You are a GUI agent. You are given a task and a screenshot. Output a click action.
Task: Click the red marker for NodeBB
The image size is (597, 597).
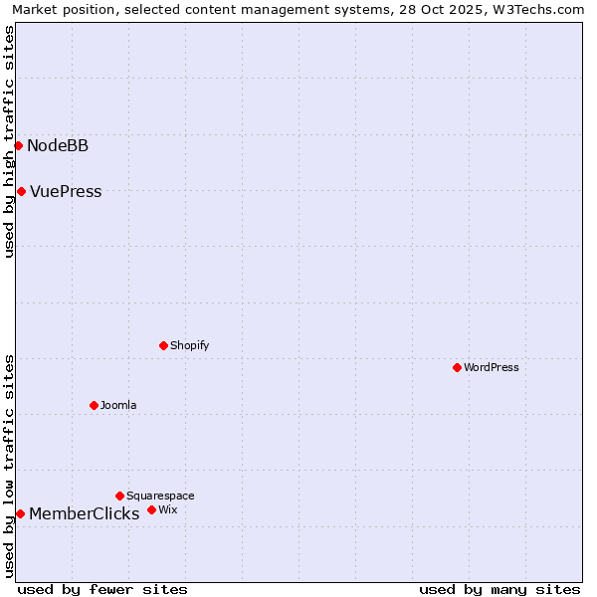[18, 145]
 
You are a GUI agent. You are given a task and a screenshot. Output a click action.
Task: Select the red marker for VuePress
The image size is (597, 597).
[21, 191]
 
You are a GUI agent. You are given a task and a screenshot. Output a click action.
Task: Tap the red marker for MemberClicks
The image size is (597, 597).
[20, 513]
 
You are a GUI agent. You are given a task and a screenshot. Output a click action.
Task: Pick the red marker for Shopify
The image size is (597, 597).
[163, 345]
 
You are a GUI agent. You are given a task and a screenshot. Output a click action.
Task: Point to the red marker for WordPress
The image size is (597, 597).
[457, 367]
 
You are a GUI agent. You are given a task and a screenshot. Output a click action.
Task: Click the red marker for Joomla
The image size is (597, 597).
[94, 405]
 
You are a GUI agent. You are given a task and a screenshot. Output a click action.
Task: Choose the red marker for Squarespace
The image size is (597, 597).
[119, 496]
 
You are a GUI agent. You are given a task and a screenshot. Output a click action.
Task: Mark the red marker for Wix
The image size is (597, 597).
[151, 509]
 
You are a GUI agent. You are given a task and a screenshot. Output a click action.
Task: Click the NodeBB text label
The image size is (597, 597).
[58, 146]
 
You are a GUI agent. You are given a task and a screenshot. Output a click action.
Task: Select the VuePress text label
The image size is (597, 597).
[66, 192]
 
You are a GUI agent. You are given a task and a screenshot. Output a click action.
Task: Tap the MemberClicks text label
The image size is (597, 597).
[84, 514]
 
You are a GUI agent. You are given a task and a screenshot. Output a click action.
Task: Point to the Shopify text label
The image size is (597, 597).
[189, 346]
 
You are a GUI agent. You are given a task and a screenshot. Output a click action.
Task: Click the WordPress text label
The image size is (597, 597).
[492, 368]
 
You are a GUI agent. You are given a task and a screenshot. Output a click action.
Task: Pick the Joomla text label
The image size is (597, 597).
[118, 406]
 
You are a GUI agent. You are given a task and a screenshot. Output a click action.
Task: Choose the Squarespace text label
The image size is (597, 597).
[160, 497]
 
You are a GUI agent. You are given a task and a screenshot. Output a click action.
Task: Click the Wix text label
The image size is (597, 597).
[167, 510]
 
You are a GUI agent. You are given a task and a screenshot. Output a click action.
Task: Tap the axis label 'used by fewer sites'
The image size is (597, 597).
[102, 589]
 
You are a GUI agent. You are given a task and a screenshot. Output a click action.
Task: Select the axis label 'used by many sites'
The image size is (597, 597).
[499, 589]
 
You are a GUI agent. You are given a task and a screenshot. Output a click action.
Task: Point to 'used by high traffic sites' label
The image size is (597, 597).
[10, 141]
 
